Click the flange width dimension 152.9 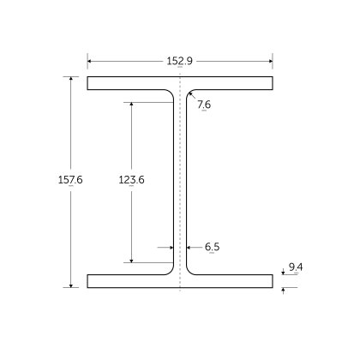tap(180, 60)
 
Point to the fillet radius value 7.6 tap(203, 105)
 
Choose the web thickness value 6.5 tap(212, 247)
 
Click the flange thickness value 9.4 tap(295, 267)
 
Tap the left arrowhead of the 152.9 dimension tap(90, 60)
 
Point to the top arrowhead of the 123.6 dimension tap(131, 105)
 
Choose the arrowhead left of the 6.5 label tap(189, 247)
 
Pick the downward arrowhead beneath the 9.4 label tap(284, 273)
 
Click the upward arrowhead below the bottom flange tap(284, 290)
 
